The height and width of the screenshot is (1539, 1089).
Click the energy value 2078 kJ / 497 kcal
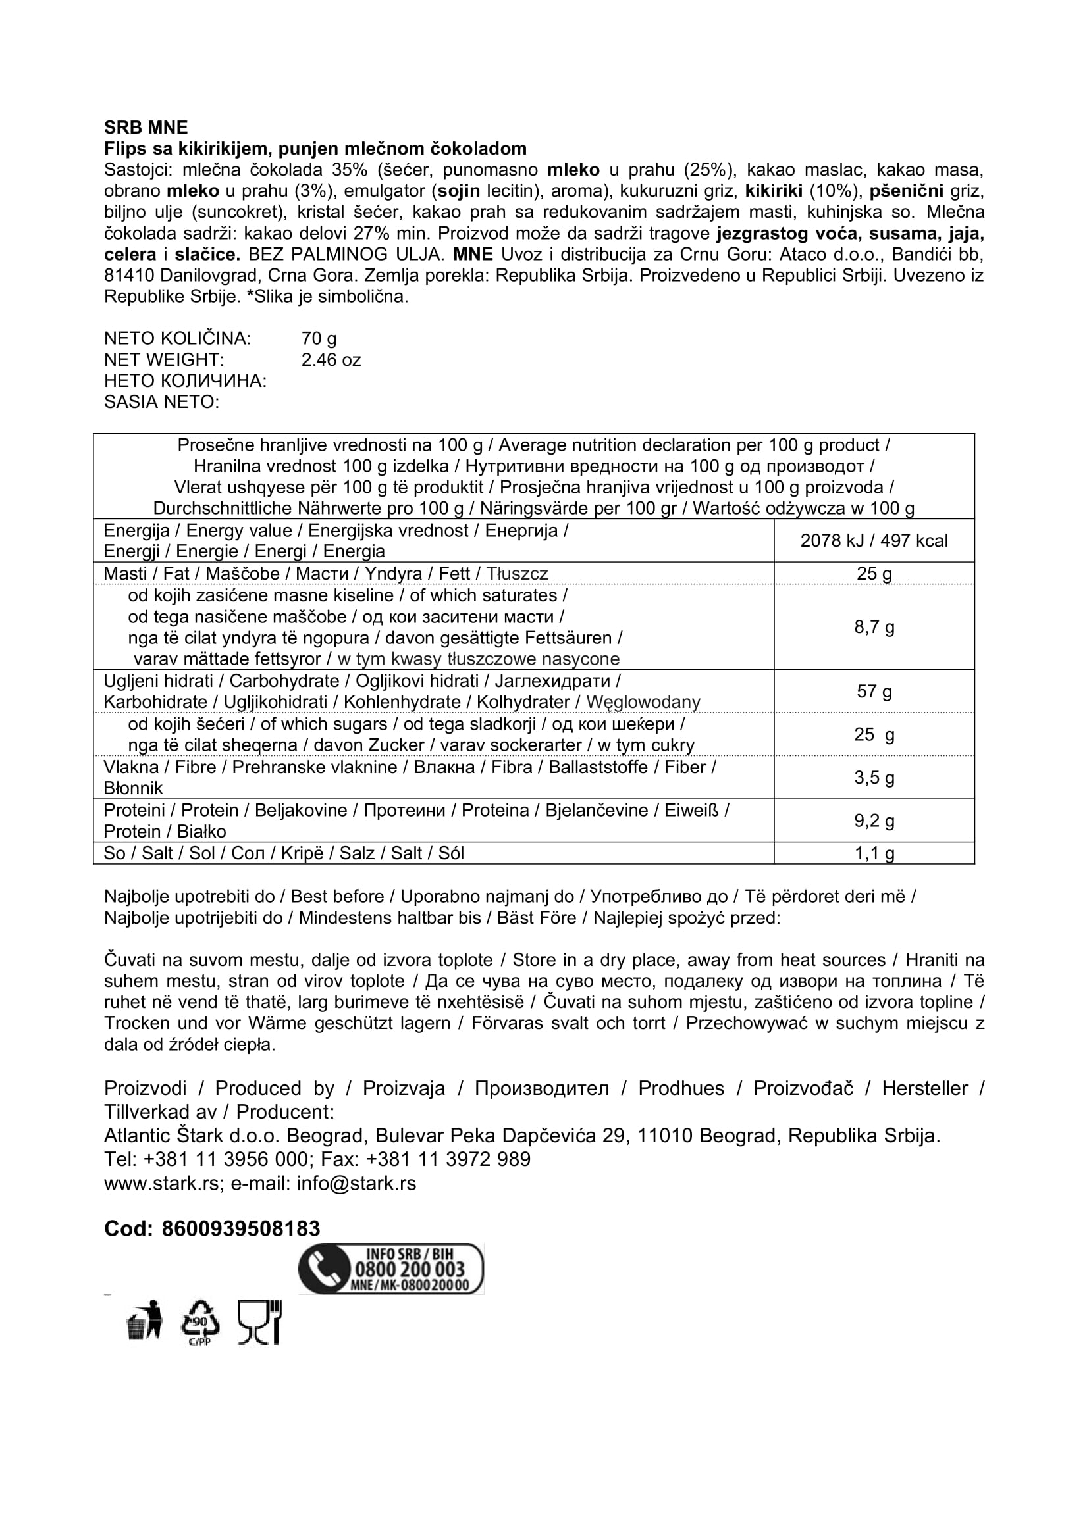[874, 541]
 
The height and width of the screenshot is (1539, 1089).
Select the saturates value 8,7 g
[874, 628]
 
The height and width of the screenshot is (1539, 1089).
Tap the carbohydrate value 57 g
[874, 691]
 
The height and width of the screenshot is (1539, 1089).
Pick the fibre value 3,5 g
[874, 778]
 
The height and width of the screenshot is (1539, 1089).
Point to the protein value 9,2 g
[874, 820]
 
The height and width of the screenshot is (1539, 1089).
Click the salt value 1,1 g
[874, 853]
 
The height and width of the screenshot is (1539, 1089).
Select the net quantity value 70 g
[319, 338]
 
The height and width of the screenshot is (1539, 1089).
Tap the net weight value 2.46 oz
[331, 360]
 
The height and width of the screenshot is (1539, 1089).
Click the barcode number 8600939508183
[241, 1228]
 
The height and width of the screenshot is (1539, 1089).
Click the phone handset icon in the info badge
[323, 1269]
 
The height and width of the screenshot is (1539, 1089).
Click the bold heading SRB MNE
[146, 128]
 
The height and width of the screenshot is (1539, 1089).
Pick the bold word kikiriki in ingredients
[773, 191]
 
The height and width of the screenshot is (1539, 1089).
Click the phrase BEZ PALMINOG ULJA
[346, 255]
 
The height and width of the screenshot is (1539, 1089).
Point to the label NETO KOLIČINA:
[177, 338]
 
